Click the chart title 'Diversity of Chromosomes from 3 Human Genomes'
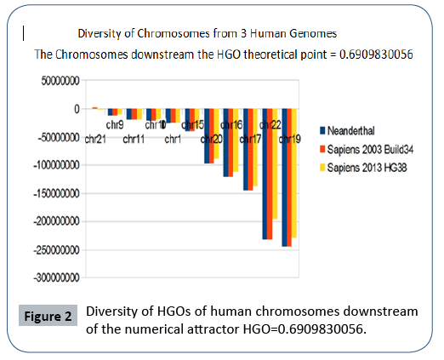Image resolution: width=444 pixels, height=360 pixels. [208, 34]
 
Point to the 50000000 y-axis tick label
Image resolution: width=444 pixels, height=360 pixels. [58, 82]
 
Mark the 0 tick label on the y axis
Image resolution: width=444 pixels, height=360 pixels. [76, 110]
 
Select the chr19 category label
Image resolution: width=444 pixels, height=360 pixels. [289, 139]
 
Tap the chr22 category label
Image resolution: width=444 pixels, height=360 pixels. [270, 125]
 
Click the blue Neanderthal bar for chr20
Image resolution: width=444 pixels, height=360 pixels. [207, 145]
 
